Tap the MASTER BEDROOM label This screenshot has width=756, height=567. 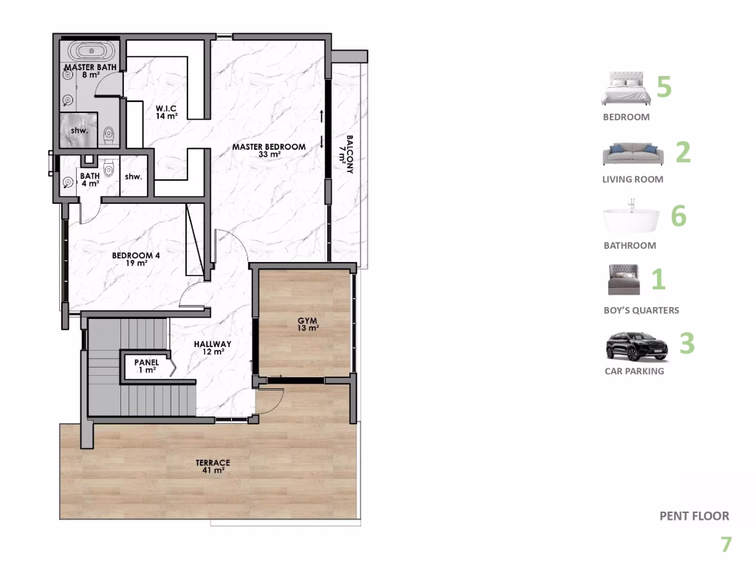pyautogui.click(x=269, y=151)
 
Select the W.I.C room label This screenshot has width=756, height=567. pyautogui.click(x=165, y=111)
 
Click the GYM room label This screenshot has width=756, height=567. pyautogui.click(x=308, y=324)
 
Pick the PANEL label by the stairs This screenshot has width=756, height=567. pyautogui.click(x=145, y=366)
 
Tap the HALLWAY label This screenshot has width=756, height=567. pyautogui.click(x=213, y=348)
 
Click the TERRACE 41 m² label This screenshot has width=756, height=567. pyautogui.click(x=213, y=466)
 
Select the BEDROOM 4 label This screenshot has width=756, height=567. pyautogui.click(x=136, y=259)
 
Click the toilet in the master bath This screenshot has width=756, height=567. pyautogui.click(x=109, y=136)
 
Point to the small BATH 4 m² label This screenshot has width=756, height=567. pyautogui.click(x=90, y=179)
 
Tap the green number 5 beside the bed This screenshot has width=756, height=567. pyautogui.click(x=664, y=87)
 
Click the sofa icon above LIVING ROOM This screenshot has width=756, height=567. pyautogui.click(x=633, y=154)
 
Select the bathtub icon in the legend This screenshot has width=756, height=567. pyautogui.click(x=631, y=219)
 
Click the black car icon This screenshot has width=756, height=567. pyautogui.click(x=636, y=346)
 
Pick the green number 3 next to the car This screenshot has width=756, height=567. pyautogui.click(x=687, y=344)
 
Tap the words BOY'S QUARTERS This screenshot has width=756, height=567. pyautogui.click(x=641, y=310)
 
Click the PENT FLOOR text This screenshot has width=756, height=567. pyautogui.click(x=694, y=516)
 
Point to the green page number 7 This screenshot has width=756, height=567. pyautogui.click(x=726, y=545)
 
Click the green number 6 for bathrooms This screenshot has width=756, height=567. pyautogui.click(x=678, y=216)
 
